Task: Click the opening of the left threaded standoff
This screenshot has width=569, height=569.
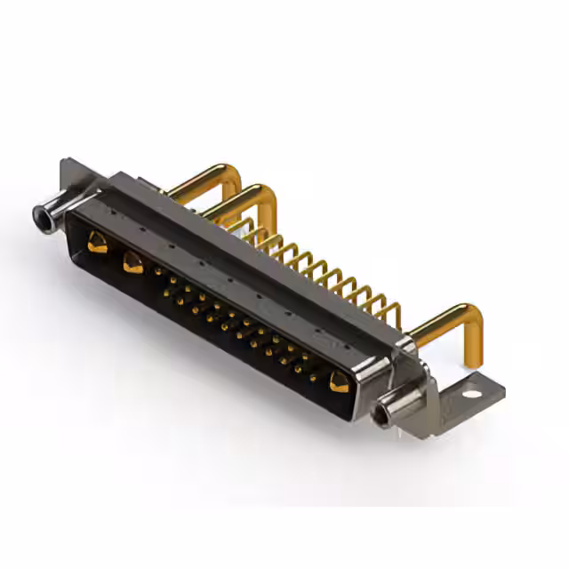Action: pyautogui.click(x=39, y=213)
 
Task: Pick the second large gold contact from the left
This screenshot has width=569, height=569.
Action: pyautogui.click(x=132, y=261)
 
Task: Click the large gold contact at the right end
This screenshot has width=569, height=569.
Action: pyautogui.click(x=338, y=382)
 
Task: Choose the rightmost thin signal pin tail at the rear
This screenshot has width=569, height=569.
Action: pyautogui.click(x=391, y=311)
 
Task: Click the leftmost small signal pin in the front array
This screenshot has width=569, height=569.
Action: pyautogui.click(x=159, y=270)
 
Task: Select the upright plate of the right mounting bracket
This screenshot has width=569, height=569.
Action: pyautogui.click(x=418, y=391)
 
